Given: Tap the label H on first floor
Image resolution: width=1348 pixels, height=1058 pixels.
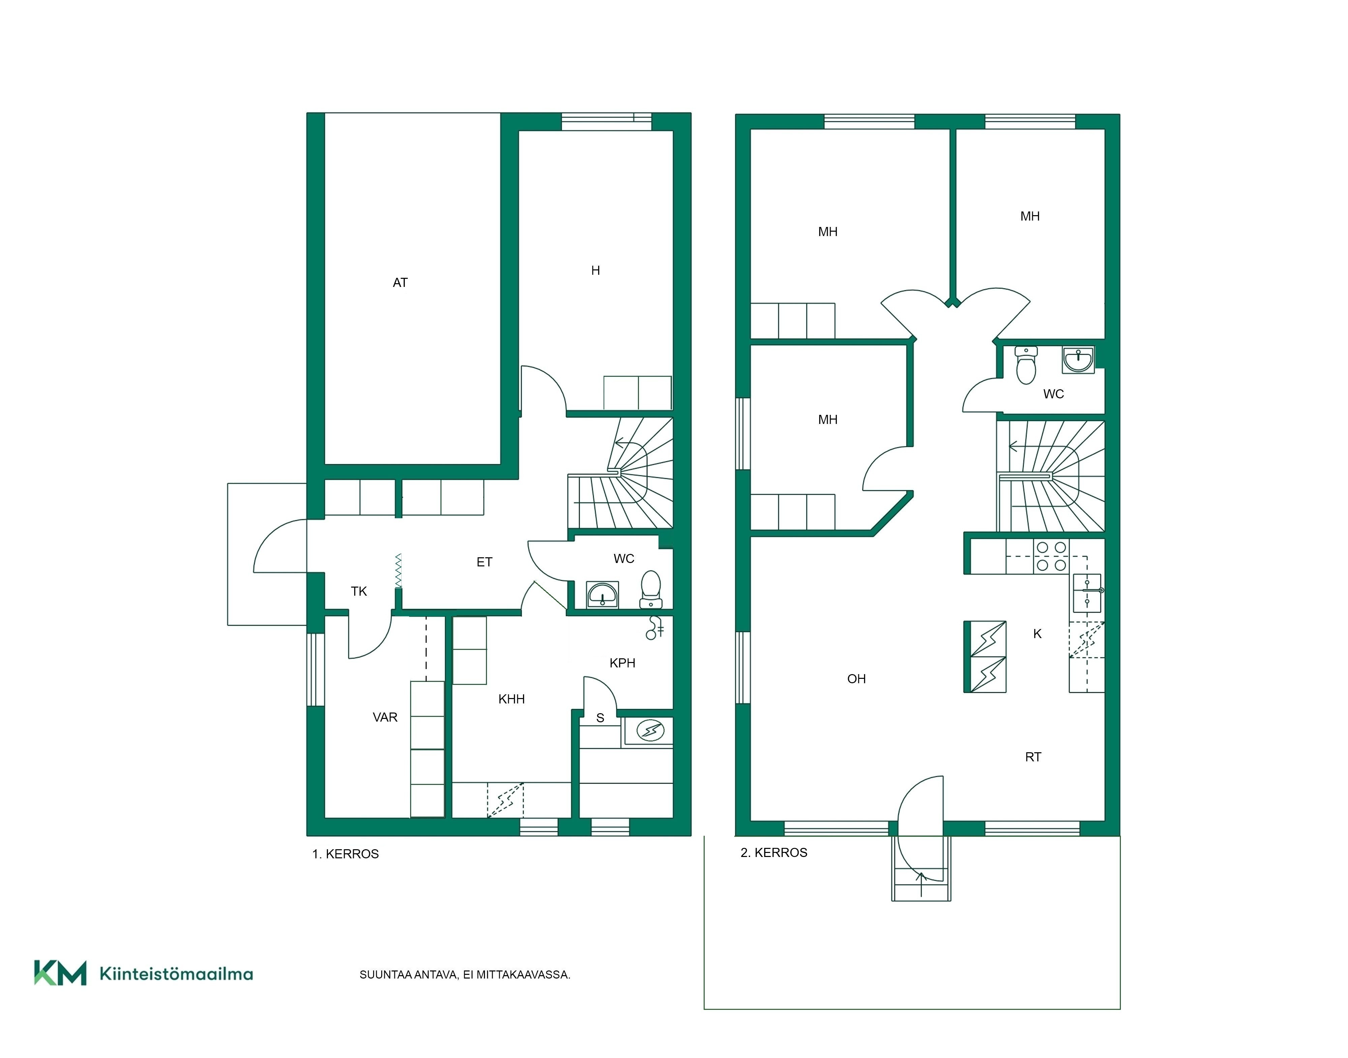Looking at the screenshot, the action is [595, 270].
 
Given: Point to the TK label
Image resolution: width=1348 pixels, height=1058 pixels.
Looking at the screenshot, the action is [359, 591].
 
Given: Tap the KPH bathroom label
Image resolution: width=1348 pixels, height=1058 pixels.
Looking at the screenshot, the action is [622, 663].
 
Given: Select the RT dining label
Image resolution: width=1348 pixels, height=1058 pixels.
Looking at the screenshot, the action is [1033, 757].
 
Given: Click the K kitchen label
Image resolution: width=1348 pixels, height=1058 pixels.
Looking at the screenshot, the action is [1038, 634].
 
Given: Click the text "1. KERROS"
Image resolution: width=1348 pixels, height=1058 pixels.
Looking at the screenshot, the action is [345, 854].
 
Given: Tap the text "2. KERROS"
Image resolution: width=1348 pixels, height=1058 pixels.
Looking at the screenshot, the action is [774, 852].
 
